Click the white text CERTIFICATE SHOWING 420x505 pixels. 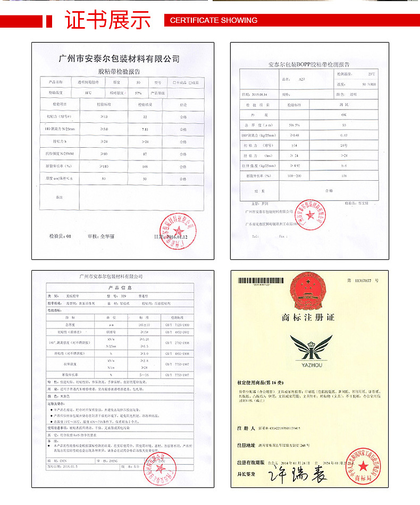click(x=214, y=20)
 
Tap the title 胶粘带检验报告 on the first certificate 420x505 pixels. click(x=119, y=72)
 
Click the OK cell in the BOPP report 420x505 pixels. click(x=343, y=114)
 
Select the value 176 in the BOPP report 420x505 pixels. click(x=343, y=175)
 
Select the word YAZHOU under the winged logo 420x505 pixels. click(x=311, y=365)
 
